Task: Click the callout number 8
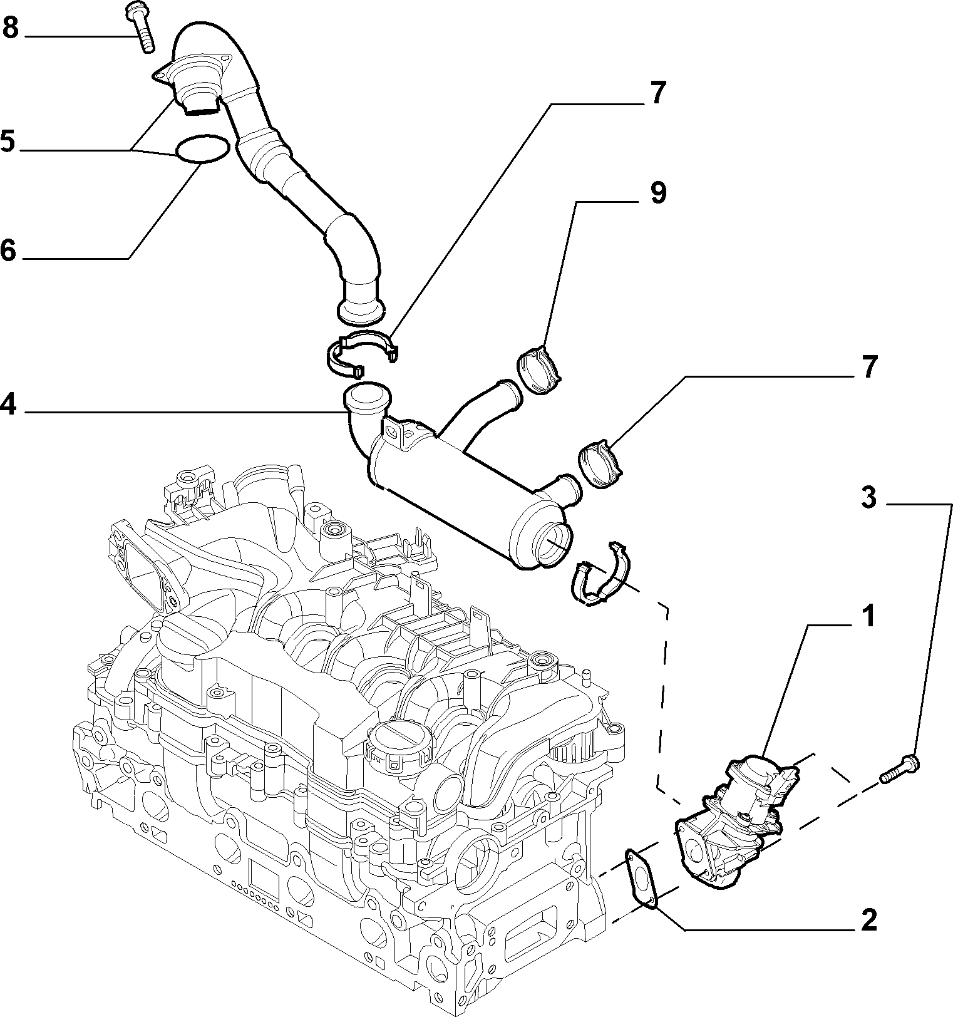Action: point(11,28)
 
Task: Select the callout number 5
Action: point(8,142)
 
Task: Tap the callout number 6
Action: point(8,250)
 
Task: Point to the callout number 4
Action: point(8,404)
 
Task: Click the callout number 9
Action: point(657,193)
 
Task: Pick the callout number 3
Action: point(868,498)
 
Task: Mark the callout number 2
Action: point(868,919)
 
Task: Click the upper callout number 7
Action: point(657,93)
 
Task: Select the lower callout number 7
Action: point(868,368)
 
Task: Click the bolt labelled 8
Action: point(140,28)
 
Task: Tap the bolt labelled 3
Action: point(901,768)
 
